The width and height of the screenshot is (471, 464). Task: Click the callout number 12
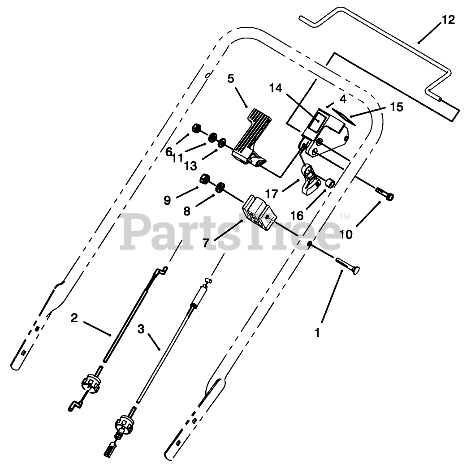click(x=448, y=20)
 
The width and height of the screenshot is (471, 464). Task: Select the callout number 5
click(x=231, y=79)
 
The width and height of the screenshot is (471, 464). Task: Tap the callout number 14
click(x=275, y=88)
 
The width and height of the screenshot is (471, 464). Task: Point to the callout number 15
click(x=396, y=107)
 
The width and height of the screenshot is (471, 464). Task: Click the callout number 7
click(x=205, y=243)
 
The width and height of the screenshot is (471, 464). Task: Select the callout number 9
click(x=167, y=200)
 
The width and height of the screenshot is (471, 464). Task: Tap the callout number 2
click(x=74, y=318)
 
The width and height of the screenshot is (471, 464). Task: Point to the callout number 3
click(x=141, y=329)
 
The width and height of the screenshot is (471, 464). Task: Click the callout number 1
click(x=317, y=334)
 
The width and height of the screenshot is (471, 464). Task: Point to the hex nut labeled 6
click(x=196, y=129)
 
